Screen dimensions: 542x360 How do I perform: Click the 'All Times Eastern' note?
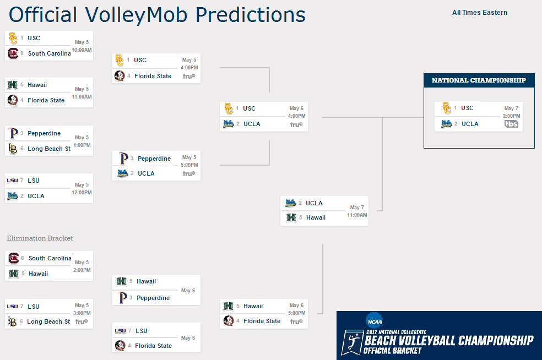tap(479, 13)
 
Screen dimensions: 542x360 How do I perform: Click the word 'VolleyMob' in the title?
tap(136, 15)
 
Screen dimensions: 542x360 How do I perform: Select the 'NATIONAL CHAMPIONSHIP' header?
tap(479, 80)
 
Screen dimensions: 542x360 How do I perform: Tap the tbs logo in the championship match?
tap(511, 124)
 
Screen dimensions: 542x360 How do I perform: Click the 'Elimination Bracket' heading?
tap(40, 238)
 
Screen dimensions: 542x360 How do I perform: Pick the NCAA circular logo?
tap(375, 321)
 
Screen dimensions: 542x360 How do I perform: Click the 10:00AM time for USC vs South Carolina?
tap(82, 50)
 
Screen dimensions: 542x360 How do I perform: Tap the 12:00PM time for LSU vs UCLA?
tap(82, 193)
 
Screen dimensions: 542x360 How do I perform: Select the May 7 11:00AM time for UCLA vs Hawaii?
tap(357, 211)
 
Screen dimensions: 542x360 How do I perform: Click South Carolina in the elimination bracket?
tap(50, 258)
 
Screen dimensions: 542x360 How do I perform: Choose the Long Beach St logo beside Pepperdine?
tap(13, 149)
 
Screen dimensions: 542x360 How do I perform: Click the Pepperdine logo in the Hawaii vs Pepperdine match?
tap(122, 297)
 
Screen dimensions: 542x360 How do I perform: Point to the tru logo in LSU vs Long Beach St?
tap(82, 321)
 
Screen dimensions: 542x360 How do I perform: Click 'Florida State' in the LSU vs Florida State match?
tap(154, 346)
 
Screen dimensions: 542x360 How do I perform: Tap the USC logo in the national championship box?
tap(447, 108)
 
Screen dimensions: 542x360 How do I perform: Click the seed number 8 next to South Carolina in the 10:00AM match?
tap(22, 53)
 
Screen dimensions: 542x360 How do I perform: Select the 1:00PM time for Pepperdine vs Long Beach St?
tap(82, 145)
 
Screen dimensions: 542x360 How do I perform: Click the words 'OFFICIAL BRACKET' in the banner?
tap(392, 351)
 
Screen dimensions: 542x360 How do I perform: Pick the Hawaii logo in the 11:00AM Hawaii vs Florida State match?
tap(13, 85)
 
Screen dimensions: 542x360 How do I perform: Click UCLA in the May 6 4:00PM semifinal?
tap(252, 124)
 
